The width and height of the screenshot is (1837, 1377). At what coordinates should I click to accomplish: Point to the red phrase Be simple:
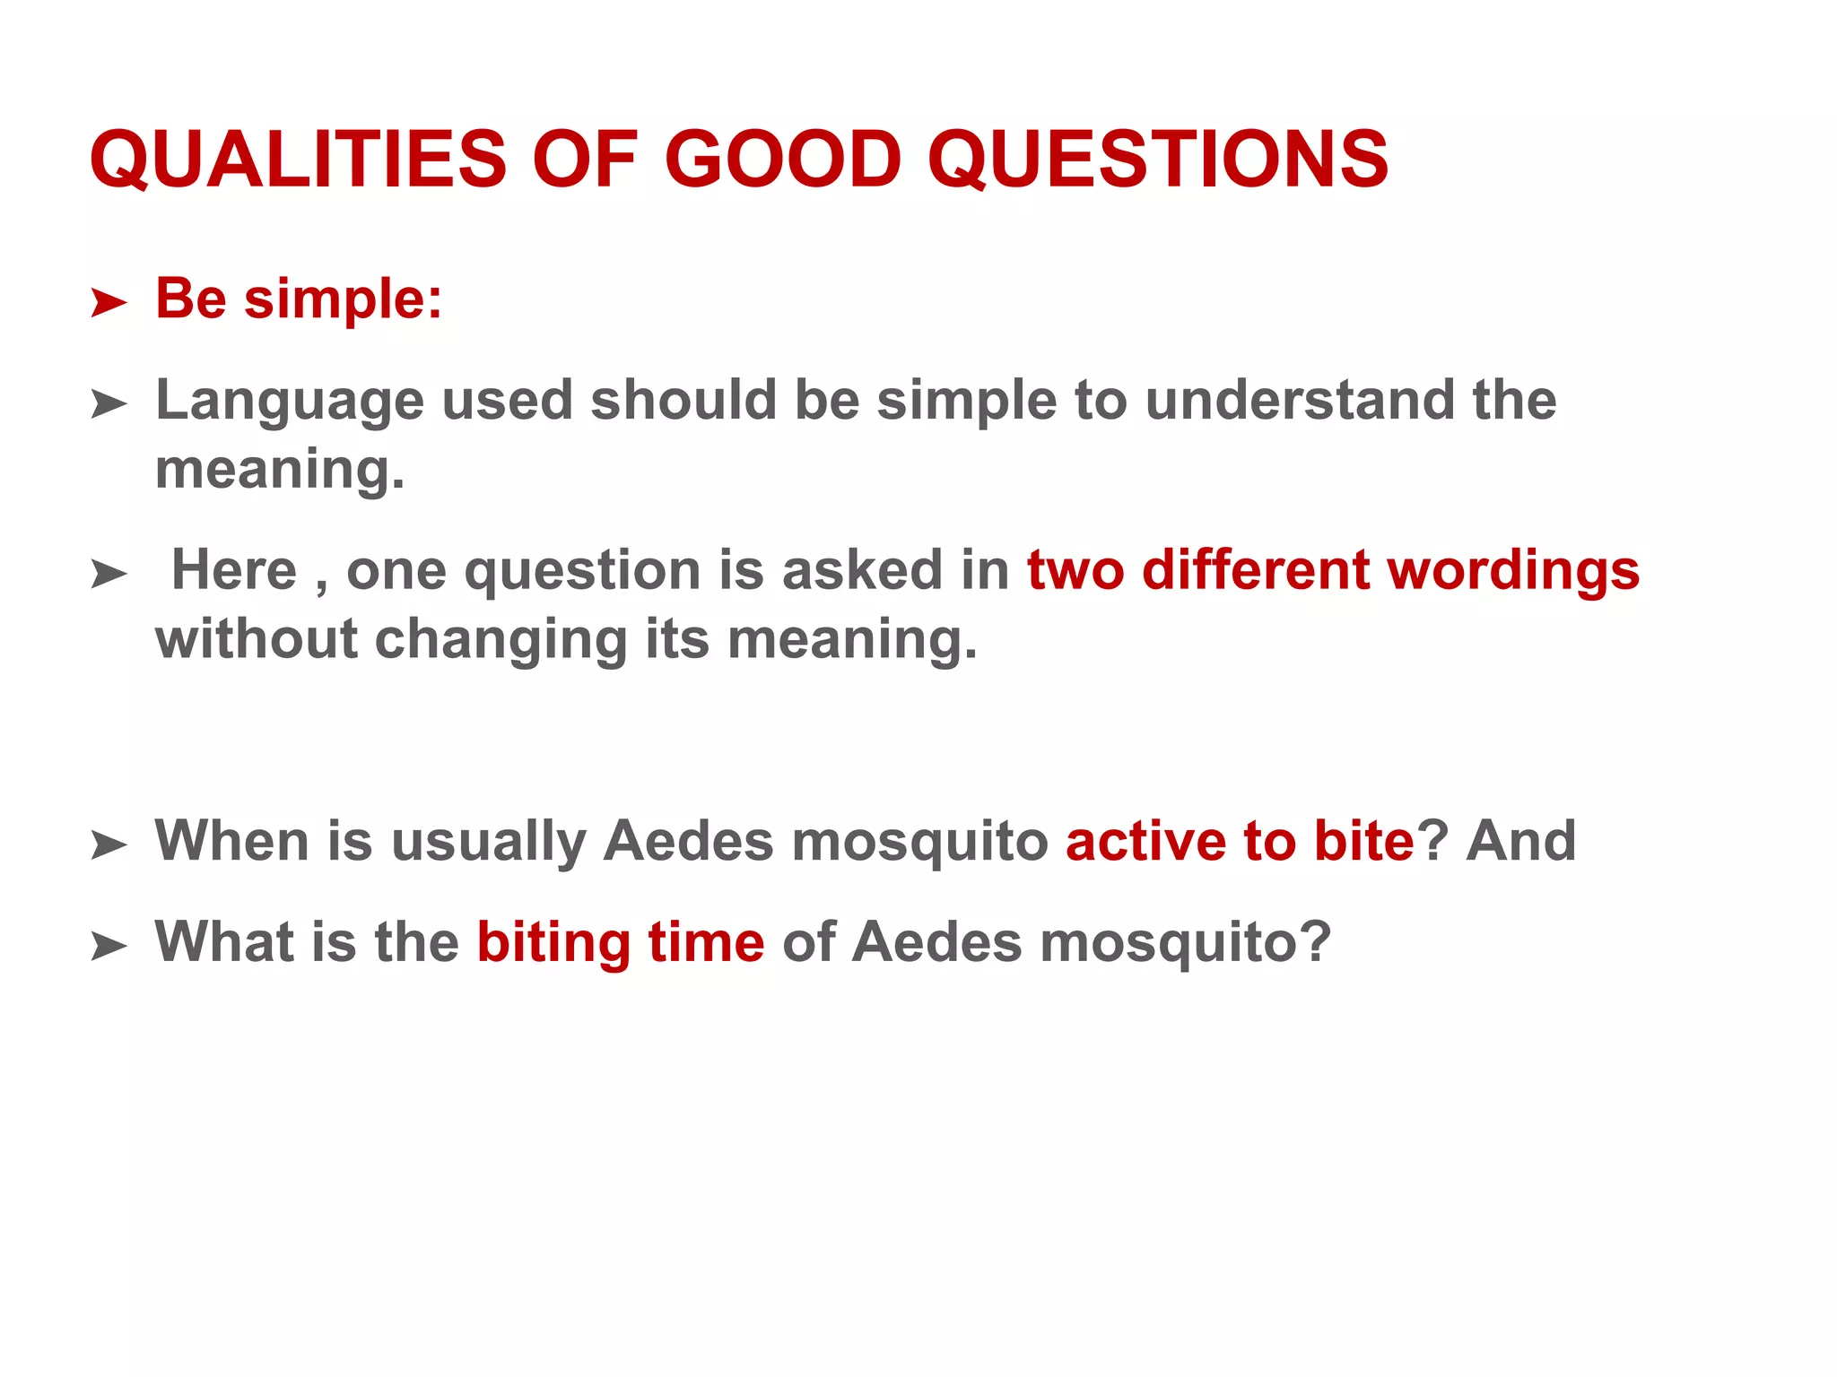click(299, 299)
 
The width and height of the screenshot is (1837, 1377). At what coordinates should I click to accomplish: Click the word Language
click(289, 401)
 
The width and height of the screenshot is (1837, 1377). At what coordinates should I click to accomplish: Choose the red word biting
click(553, 944)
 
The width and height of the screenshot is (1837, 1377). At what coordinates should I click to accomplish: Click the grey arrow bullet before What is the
click(109, 946)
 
